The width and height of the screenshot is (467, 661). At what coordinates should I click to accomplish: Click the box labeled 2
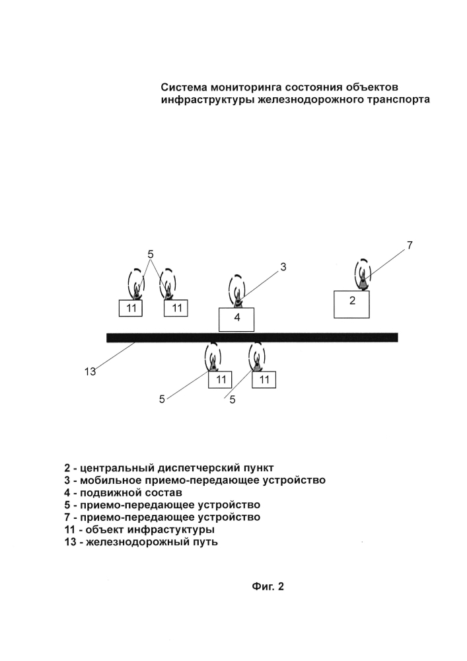click(351, 304)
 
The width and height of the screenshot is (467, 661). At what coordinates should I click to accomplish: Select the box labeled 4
click(236, 319)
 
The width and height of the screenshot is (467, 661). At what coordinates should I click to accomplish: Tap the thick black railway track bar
click(252, 337)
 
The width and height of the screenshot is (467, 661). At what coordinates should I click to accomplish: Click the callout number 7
click(410, 245)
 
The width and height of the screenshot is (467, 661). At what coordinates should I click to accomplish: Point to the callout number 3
click(283, 267)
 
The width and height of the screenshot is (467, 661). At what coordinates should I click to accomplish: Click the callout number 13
click(90, 371)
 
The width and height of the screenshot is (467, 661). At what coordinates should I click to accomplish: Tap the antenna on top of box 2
click(363, 274)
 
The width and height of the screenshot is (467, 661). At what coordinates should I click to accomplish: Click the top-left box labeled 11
click(131, 308)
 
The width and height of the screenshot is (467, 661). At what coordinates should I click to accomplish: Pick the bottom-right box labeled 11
click(264, 379)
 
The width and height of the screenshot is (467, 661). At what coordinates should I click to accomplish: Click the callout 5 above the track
click(151, 254)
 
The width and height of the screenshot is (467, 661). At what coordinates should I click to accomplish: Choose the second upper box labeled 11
click(176, 308)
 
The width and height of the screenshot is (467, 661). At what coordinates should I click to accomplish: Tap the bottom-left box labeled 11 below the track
click(220, 379)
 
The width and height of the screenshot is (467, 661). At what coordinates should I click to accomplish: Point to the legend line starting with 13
click(141, 542)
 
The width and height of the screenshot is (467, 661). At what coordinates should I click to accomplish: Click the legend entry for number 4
click(124, 492)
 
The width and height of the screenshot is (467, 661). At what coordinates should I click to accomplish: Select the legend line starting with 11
click(139, 529)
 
